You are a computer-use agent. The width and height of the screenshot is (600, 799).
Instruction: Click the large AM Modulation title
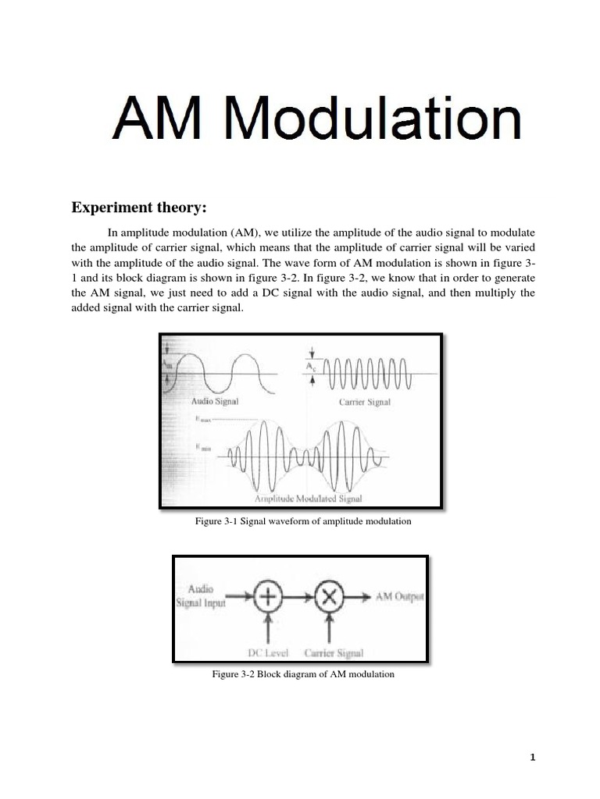coord(316,121)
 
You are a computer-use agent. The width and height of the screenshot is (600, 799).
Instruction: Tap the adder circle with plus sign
coord(268,598)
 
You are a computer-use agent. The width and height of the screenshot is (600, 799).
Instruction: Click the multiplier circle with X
coord(329,598)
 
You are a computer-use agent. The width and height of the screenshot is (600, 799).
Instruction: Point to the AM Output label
coord(400,597)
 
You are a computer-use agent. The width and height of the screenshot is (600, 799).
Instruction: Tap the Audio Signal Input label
coord(203,597)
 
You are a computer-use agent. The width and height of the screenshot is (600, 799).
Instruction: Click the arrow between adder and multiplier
coord(298,598)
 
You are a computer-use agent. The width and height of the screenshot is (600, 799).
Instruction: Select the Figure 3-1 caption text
coord(302,520)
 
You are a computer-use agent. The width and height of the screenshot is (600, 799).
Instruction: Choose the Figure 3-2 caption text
coord(303,673)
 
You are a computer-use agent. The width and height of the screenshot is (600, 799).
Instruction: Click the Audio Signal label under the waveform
coord(215,401)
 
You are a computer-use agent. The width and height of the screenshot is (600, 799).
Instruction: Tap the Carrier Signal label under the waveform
coord(364,403)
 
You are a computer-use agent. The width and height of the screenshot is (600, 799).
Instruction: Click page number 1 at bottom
coord(533,756)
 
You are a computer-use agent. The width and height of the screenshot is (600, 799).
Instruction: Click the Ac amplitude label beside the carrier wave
coord(312,365)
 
